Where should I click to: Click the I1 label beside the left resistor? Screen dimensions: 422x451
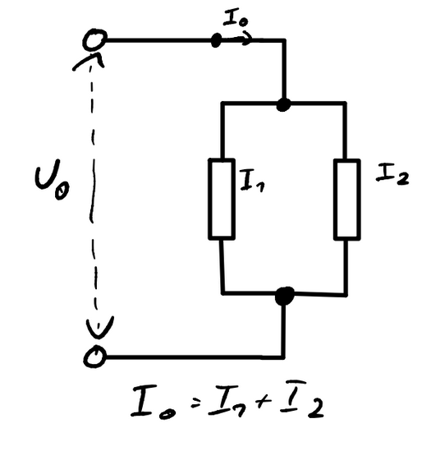tap(252, 181)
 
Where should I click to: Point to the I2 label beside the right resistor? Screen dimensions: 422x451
tap(392, 174)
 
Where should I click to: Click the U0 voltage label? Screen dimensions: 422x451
tap(52, 179)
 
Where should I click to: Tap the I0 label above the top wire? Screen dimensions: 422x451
tap(236, 18)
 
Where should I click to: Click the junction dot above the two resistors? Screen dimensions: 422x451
tap(283, 104)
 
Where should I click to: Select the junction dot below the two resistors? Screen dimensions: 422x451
tap(284, 296)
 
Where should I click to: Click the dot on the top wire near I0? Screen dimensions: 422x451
tap(216, 40)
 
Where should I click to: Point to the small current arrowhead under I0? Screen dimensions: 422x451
tap(246, 39)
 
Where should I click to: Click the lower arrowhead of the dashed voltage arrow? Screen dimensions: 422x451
tap(99, 327)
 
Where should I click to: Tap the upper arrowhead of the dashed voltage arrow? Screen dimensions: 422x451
tap(89, 60)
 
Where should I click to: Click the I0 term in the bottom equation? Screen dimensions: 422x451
tap(153, 402)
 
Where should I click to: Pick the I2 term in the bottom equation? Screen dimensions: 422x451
tap(302, 399)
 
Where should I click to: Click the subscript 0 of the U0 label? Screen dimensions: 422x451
tap(62, 192)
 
